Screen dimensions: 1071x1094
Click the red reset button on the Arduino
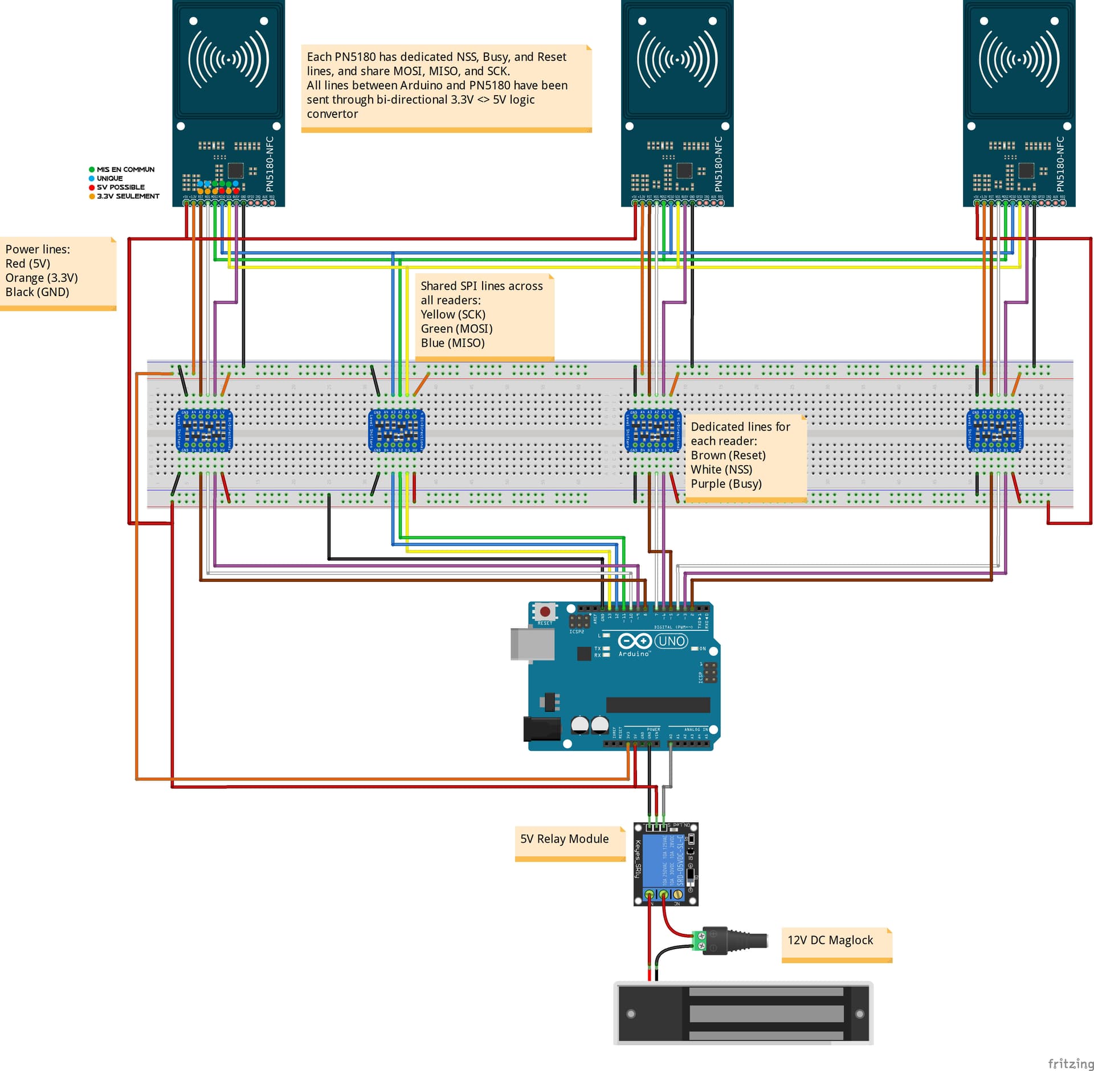pyautogui.click(x=544, y=611)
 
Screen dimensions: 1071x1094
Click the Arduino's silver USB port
pyautogui.click(x=532, y=644)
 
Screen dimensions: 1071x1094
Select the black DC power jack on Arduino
pyautogui.click(x=541, y=729)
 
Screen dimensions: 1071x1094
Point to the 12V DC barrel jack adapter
pyautogui.click(x=734, y=941)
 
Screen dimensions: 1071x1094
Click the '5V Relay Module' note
pyautogui.click(x=564, y=839)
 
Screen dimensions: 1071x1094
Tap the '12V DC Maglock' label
pyautogui.click(x=830, y=940)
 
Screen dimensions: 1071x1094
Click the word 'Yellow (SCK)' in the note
pyautogui.click(x=453, y=314)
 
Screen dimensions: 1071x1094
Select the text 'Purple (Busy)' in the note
pyautogui.click(x=726, y=483)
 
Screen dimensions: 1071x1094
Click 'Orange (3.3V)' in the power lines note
pyautogui.click(x=42, y=278)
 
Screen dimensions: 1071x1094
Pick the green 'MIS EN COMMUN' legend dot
pyautogui.click(x=92, y=170)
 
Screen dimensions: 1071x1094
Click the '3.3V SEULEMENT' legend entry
pyautogui.click(x=128, y=196)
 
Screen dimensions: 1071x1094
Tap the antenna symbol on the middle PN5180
pyautogui.click(x=677, y=59)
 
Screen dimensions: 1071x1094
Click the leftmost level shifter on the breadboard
pyautogui.click(x=204, y=430)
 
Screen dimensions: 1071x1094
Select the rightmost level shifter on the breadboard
pyautogui.click(x=995, y=430)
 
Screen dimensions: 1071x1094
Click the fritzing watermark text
pyautogui.click(x=1070, y=1063)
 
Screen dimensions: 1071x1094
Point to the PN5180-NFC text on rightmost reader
pyautogui.click(x=1060, y=164)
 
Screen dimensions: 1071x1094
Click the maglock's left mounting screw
pyautogui.click(x=631, y=1013)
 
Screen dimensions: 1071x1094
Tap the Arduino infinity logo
pyautogui.click(x=634, y=641)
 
